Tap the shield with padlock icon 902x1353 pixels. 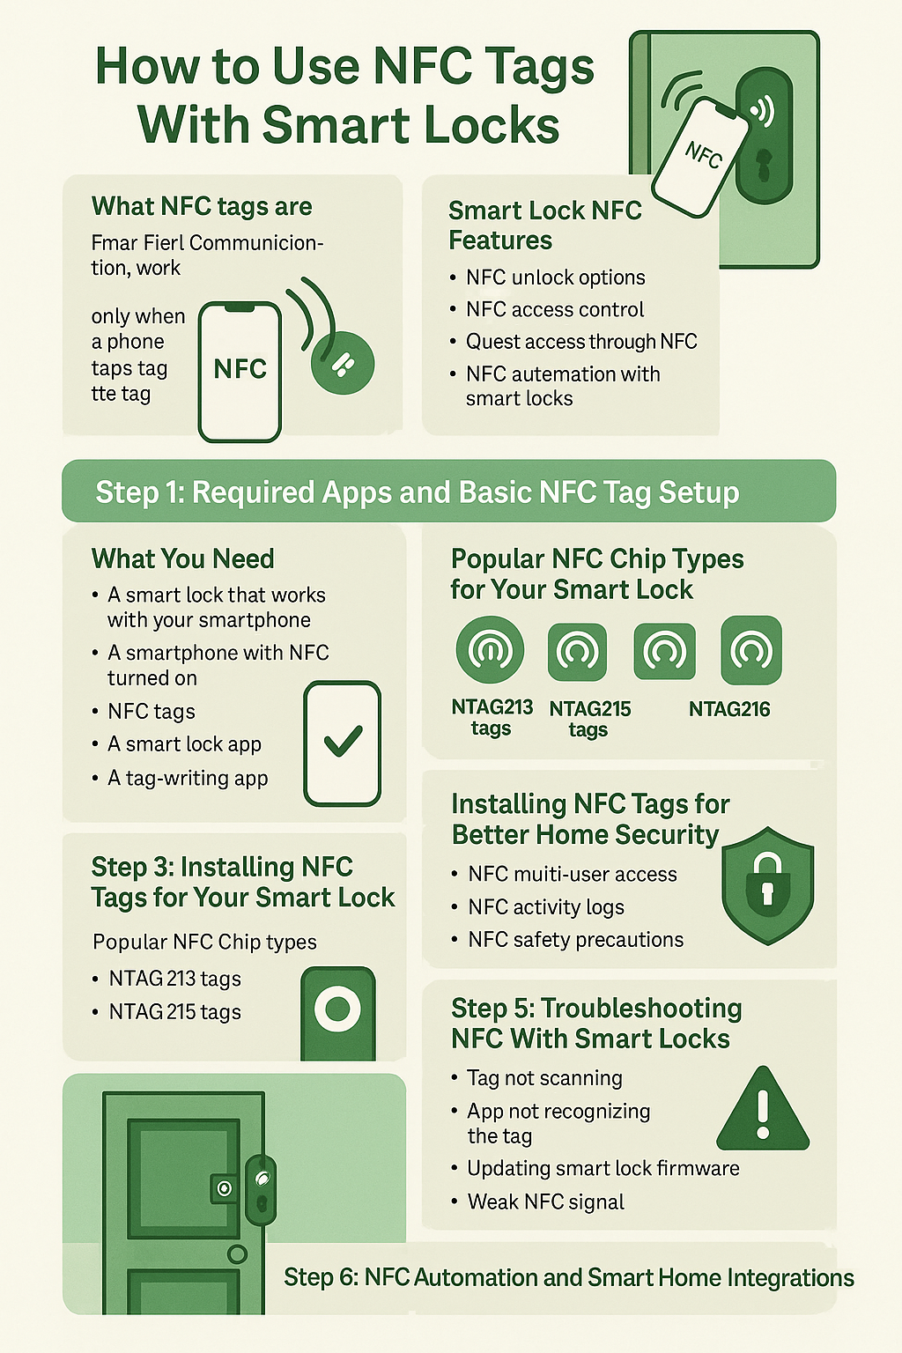click(767, 885)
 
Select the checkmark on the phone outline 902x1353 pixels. click(343, 742)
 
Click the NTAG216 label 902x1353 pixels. click(729, 709)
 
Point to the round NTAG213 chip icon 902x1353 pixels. click(490, 650)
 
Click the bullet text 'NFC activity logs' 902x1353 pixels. click(546, 907)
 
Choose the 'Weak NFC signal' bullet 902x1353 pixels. click(545, 1202)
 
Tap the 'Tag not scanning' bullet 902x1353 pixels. click(544, 1078)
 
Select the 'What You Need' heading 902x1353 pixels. click(182, 559)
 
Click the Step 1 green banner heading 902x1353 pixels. click(418, 492)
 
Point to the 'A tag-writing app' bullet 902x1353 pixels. click(188, 779)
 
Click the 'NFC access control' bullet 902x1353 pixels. click(555, 310)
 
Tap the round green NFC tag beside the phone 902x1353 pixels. click(343, 363)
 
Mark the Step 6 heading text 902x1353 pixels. click(568, 1278)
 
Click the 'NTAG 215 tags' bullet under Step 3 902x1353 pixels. click(174, 1012)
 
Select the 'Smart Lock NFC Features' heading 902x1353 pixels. click(544, 225)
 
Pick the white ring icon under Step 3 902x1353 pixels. click(337, 1009)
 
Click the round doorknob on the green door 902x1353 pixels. click(237, 1253)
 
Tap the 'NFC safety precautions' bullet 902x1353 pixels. click(575, 940)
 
